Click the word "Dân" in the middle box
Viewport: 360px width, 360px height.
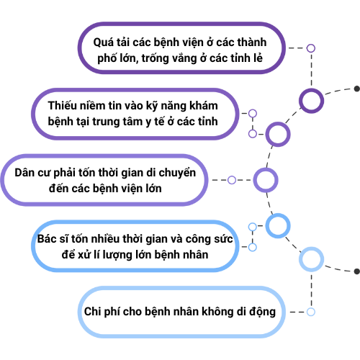pyautogui.click(x=24, y=173)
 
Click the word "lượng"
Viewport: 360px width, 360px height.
pyautogui.click(x=117, y=256)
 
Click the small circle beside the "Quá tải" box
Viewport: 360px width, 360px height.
pyautogui.click(x=311, y=48)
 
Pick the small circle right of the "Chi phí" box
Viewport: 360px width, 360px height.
pyautogui.click(x=311, y=312)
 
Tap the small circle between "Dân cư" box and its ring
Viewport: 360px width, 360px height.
pyautogui.click(x=232, y=180)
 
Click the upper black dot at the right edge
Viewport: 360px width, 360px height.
pyautogui.click(x=357, y=89)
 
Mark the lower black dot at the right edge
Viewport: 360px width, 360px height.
pyautogui.click(x=357, y=271)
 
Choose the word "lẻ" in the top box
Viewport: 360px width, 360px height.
pyautogui.click(x=258, y=58)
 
